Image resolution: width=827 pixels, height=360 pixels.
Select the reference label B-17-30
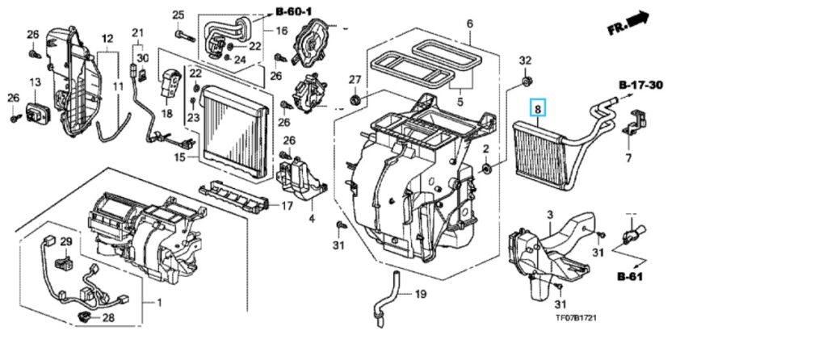pos(643,85)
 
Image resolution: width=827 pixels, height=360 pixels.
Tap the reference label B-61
pos(632,276)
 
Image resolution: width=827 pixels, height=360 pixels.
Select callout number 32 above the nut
pos(525,61)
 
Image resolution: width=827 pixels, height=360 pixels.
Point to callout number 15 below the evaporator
pos(179,157)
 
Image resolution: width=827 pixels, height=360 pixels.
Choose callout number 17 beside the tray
pos(286,206)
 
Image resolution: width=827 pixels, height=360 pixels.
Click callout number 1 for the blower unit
pos(158,303)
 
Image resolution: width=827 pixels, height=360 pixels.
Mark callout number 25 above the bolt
pos(178,15)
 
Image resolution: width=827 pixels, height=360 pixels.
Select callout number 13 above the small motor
pos(36,82)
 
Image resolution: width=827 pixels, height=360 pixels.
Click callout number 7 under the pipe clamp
pos(628,159)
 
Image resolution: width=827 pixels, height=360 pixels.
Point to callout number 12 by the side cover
pos(107,39)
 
